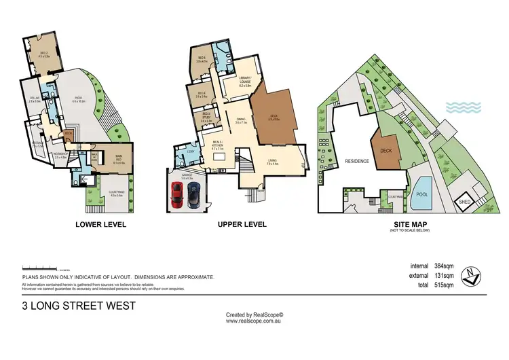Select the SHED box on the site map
tap(465, 202)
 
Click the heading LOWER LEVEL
tap(100, 224)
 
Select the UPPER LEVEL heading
tap(242, 224)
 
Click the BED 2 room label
tap(44, 55)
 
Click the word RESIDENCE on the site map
tap(357, 162)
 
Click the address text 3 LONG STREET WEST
tap(79, 306)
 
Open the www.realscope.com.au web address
tap(254, 321)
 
